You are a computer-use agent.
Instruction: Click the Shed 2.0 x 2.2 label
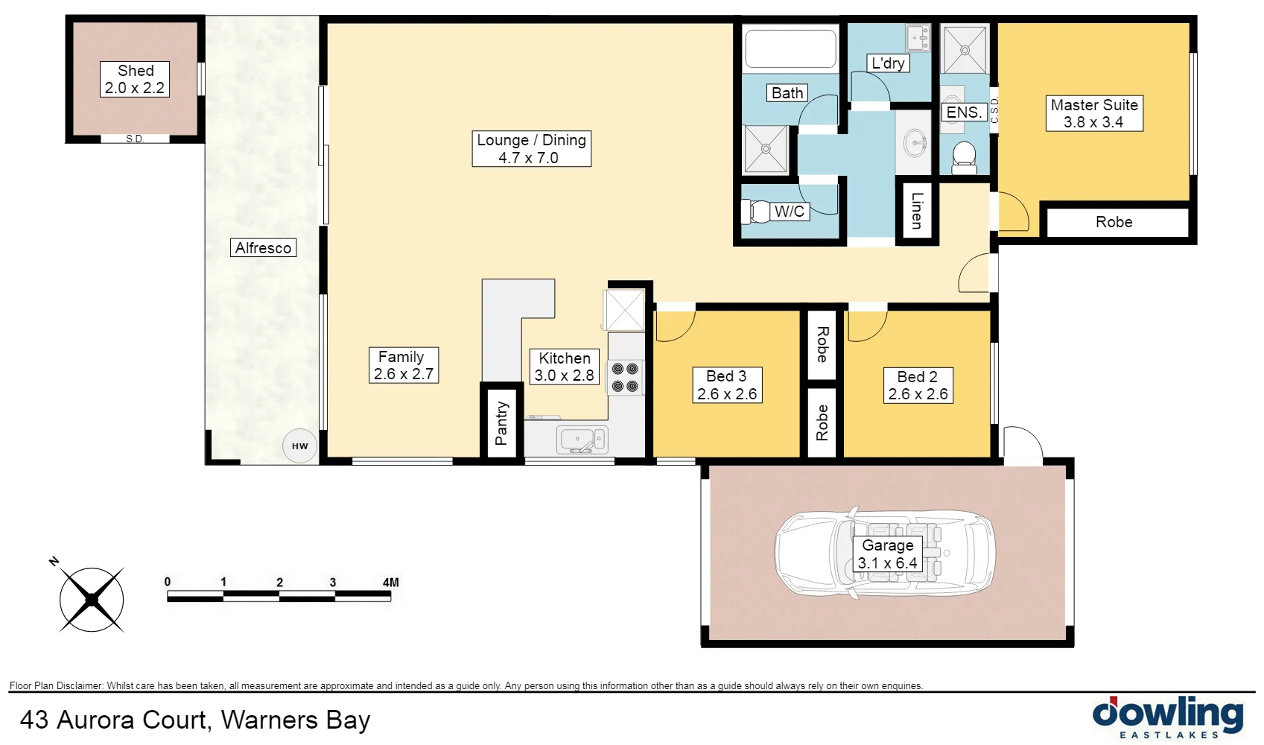coord(135,80)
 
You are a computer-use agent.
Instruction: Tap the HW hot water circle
coord(300,446)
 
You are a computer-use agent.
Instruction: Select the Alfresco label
coord(263,248)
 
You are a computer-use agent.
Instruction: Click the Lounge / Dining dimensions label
coord(531,149)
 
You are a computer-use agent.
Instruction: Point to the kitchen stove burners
coord(625,377)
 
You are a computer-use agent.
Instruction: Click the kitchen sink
coord(582,440)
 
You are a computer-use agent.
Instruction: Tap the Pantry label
coord(501,423)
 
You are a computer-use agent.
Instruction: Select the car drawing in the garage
coord(885,554)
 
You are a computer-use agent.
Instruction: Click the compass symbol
coord(92,599)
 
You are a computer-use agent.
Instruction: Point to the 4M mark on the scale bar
coord(390,583)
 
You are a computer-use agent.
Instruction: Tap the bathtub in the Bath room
coord(790,49)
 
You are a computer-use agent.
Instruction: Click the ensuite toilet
coord(964,157)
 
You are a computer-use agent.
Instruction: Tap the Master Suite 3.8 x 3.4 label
coord(1093,113)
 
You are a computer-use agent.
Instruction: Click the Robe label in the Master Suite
coord(1114,222)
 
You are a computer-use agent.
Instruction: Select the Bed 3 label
coord(726,385)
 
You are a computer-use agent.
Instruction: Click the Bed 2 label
coord(918,385)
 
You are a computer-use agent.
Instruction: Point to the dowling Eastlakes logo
coord(1167,717)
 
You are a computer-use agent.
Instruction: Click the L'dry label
coord(888,63)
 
